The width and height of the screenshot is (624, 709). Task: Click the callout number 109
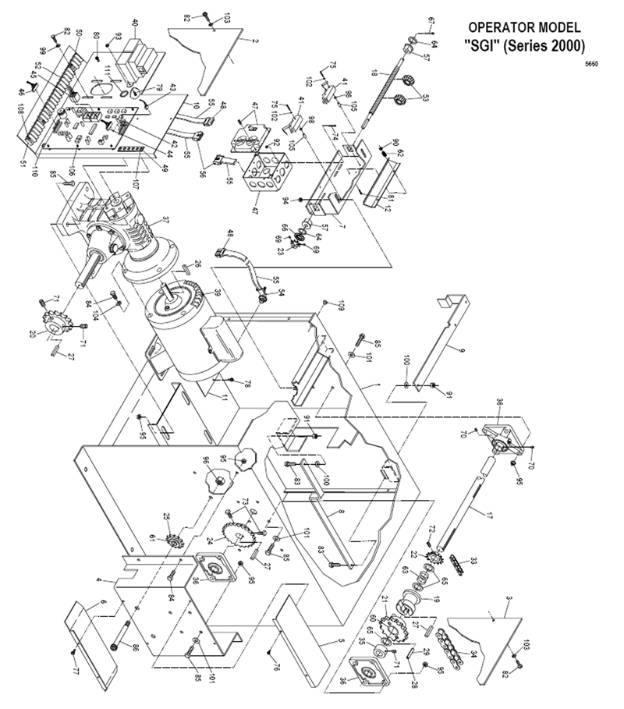(341, 303)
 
